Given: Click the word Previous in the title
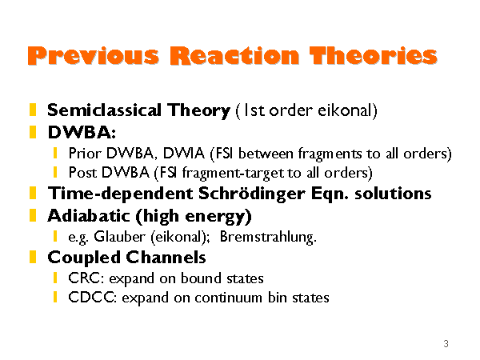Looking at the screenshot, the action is (94, 56).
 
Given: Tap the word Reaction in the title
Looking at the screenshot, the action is (234, 56).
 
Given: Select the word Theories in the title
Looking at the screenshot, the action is (373, 56).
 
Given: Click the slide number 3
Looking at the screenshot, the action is (446, 343).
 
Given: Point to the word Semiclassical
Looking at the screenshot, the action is (104, 110).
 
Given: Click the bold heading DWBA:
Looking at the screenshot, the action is (82, 133).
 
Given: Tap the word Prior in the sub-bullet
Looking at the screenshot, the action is (85, 153).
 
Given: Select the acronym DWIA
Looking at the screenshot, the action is (184, 153).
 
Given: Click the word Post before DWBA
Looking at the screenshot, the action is (82, 172).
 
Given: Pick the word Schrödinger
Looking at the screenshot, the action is (252, 194).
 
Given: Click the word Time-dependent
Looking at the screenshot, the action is (120, 194).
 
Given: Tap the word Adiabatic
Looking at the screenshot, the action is (89, 215).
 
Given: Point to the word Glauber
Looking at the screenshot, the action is (119, 236).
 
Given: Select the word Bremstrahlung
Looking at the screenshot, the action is (268, 236).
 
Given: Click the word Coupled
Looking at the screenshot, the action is (83, 258).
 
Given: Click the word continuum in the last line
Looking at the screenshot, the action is (228, 298).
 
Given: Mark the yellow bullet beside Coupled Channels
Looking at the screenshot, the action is (33, 257).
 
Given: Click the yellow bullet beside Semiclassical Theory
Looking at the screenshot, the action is (33, 110).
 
